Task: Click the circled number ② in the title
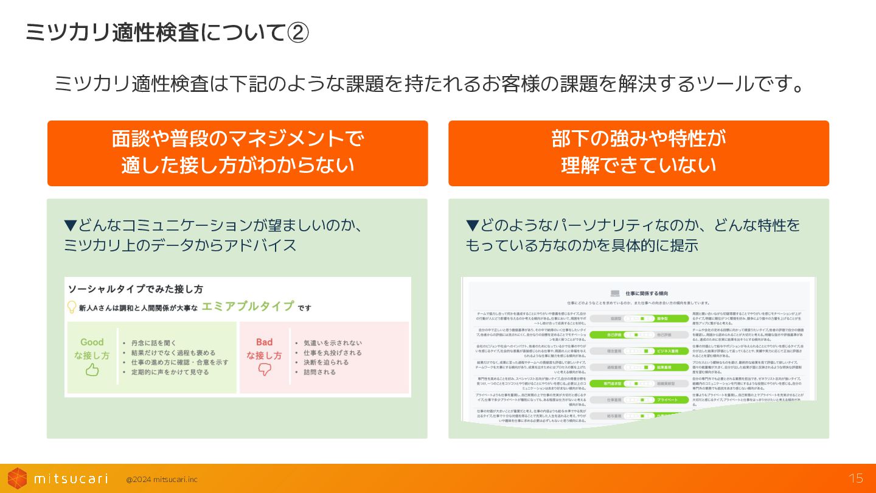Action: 297,33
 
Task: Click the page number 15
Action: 856,478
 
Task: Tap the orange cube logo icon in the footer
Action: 17,478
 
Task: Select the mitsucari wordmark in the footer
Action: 71,478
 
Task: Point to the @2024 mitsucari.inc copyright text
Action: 162,480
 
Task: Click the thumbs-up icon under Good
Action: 92,369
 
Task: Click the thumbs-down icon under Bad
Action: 264,369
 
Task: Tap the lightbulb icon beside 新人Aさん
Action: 72,307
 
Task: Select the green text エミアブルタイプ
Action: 248,306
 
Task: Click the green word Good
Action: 92,342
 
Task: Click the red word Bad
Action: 264,342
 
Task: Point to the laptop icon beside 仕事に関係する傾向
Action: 615,293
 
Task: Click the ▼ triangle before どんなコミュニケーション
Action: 70,226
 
